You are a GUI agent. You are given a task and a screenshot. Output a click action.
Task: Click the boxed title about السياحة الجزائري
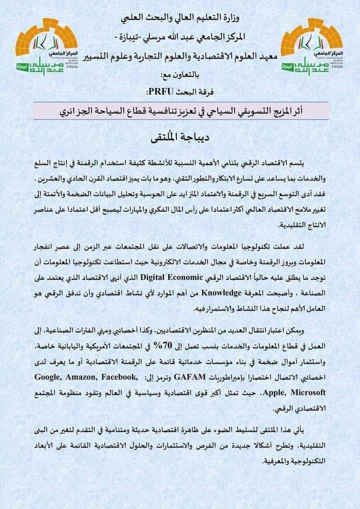coord(180,110)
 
